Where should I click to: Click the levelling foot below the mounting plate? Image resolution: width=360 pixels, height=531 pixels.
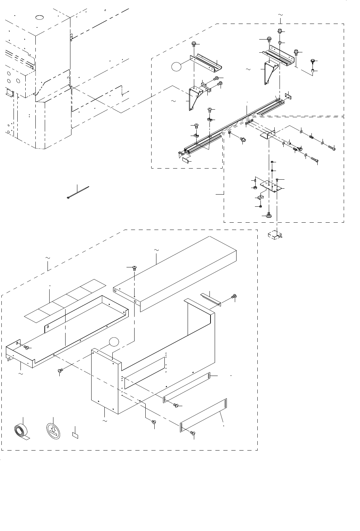click(269, 215)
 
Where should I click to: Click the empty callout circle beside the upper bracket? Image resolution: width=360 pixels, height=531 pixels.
click(177, 66)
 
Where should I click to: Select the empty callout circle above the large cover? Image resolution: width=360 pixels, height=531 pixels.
click(114, 342)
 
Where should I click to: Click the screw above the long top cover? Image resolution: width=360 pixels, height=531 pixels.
click(134, 268)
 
